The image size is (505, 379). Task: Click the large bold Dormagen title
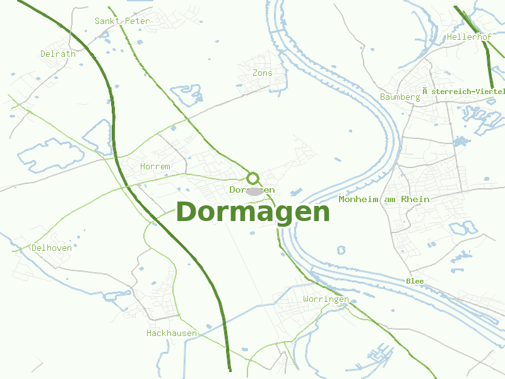click(252, 212)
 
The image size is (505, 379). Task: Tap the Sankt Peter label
click(122, 21)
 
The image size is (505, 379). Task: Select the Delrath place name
click(58, 54)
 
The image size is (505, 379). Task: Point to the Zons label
click(263, 73)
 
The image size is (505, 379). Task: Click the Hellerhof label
click(469, 37)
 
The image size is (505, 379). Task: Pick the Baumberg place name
click(400, 97)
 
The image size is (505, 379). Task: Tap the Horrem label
click(155, 166)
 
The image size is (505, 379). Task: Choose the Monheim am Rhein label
click(384, 199)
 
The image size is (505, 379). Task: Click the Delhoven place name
click(52, 248)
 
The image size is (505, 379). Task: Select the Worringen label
click(326, 299)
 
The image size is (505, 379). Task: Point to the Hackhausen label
click(172, 333)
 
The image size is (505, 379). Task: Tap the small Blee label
click(415, 280)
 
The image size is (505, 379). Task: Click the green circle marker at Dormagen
click(253, 177)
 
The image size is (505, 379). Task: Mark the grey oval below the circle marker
click(254, 191)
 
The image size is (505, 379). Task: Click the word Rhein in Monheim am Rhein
click(417, 199)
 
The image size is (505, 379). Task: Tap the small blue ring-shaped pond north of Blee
click(342, 250)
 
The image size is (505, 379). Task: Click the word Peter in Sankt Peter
click(138, 21)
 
